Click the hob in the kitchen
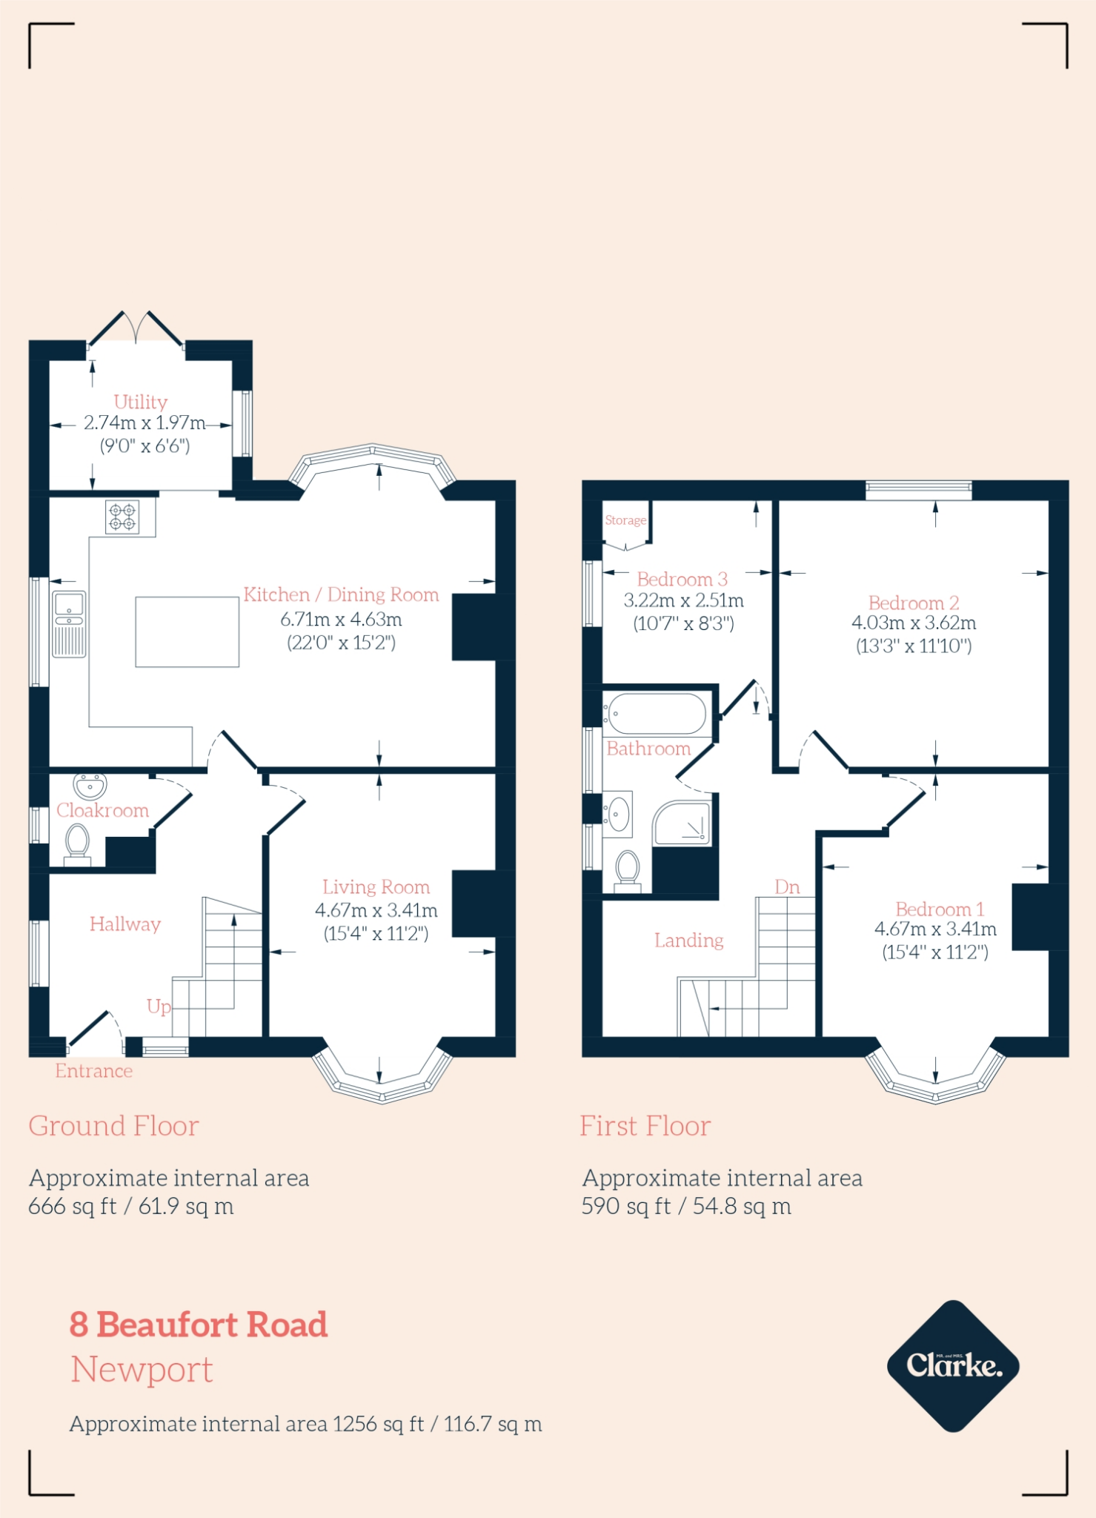click(122, 517)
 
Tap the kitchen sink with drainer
click(69, 624)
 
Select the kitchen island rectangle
click(187, 632)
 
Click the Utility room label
click(140, 402)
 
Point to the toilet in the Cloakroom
click(77, 845)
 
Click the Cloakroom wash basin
click(90, 785)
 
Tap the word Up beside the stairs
click(159, 1006)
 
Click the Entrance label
click(93, 1071)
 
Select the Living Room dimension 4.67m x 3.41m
click(376, 910)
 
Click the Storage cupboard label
click(625, 520)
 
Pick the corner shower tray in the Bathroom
click(682, 823)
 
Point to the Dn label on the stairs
click(787, 886)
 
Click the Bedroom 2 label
click(913, 603)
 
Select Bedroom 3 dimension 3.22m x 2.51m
click(683, 601)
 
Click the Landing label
click(688, 940)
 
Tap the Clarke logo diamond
click(953, 1365)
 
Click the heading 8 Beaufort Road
click(199, 1324)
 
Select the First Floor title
click(645, 1126)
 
